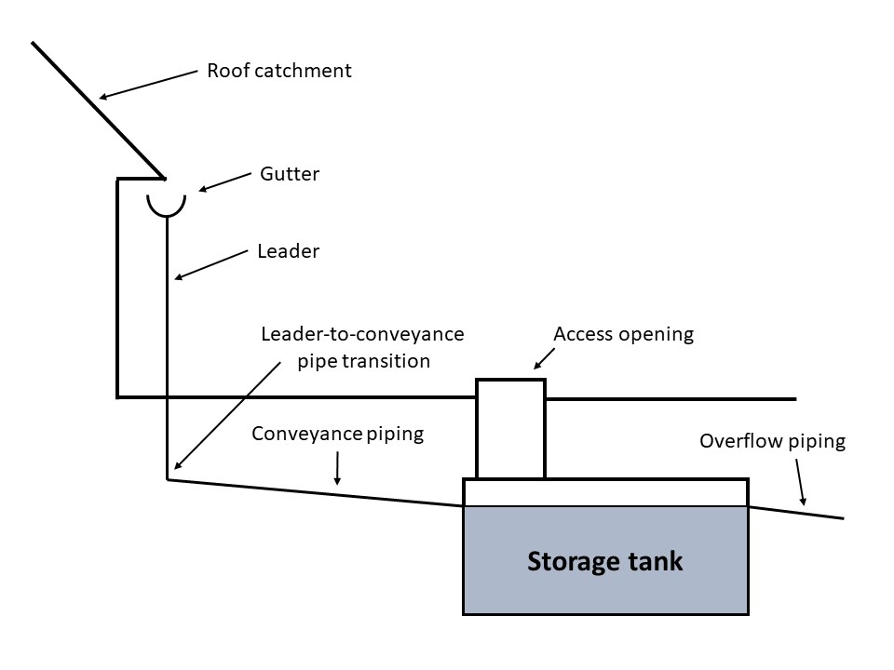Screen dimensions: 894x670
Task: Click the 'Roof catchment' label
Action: click(278, 71)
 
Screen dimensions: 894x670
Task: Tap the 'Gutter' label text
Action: click(290, 174)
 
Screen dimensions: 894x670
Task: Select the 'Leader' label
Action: click(289, 251)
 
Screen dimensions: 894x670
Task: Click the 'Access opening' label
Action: click(624, 334)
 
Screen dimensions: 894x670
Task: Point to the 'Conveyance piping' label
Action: click(337, 435)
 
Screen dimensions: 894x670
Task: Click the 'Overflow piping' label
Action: click(773, 441)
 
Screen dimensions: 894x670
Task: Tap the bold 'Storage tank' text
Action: click(605, 561)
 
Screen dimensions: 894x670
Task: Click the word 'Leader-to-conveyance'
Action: click(362, 334)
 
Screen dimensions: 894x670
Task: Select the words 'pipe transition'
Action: click(364, 361)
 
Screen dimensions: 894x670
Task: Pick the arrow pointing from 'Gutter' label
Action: click(224, 181)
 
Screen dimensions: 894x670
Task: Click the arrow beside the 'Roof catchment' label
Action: click(148, 85)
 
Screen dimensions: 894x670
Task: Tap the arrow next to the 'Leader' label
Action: click(211, 265)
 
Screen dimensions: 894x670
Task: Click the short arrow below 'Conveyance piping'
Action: click(337, 468)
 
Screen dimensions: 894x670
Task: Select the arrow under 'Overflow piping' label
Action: click(801, 483)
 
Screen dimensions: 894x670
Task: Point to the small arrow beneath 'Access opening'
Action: click(544, 359)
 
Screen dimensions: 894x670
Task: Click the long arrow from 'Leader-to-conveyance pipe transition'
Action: click(227, 415)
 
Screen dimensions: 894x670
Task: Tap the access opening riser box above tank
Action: click(511, 429)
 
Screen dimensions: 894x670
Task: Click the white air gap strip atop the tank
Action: click(605, 493)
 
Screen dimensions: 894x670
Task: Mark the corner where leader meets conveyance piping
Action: click(167, 480)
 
